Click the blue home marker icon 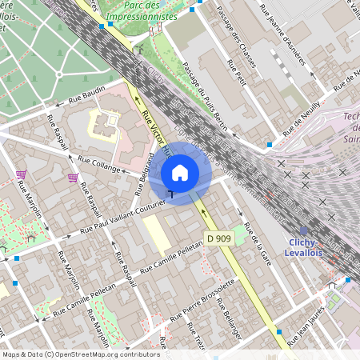(x=180, y=172)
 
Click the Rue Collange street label (x=98, y=164)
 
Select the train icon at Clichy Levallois (x=303, y=230)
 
